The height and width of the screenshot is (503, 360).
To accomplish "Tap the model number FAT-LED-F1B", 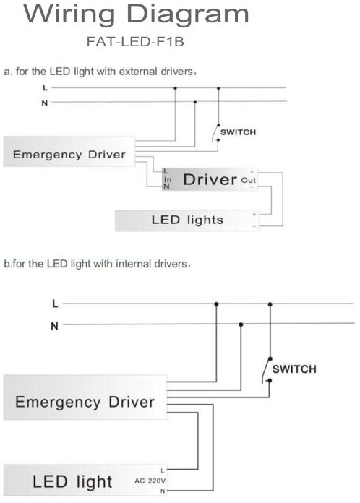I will pos(135,42).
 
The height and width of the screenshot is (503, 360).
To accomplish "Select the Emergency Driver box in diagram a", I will pos(69,154).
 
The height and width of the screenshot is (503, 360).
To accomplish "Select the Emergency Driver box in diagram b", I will pos(85,401).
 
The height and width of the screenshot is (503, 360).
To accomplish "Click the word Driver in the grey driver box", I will pos(210,179).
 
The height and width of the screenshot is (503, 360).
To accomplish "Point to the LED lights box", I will pos(187,220).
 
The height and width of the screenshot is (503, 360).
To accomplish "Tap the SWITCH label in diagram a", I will pos(238,132).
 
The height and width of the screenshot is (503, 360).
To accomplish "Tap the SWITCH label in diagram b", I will pos(294,369).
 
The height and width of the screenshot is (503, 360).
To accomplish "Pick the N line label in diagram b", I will pos(54,325).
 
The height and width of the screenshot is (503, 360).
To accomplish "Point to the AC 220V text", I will pos(150,481).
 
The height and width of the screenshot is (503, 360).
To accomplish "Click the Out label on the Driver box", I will pos(248,179).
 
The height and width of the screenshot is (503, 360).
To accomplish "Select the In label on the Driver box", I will pos(167,179).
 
